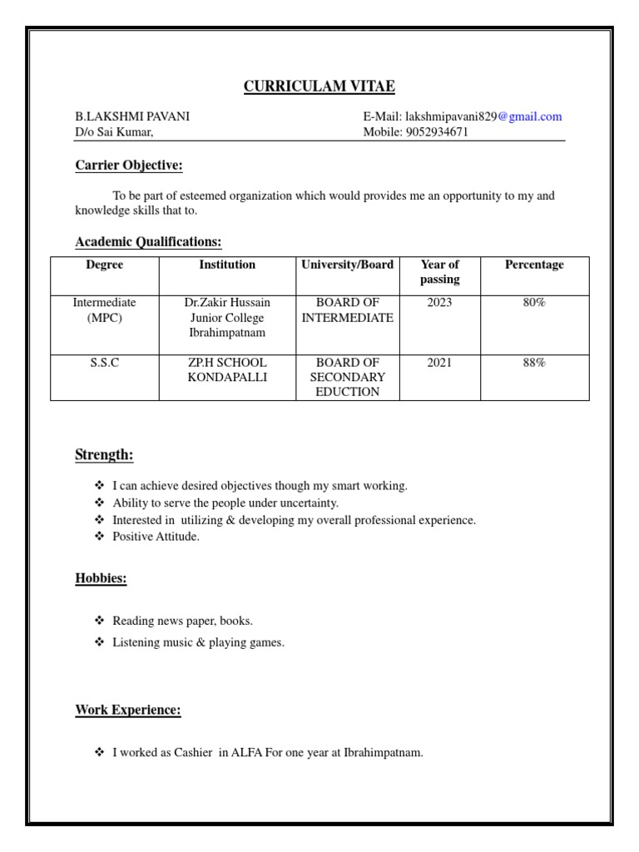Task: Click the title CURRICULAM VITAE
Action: pyautogui.click(x=319, y=87)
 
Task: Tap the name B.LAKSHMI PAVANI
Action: pyautogui.click(x=132, y=116)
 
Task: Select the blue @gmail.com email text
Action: pyautogui.click(x=530, y=116)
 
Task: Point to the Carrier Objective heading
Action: pyautogui.click(x=128, y=166)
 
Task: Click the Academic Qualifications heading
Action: pyautogui.click(x=148, y=242)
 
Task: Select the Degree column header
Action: pyautogui.click(x=105, y=265)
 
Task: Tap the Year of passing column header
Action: pyautogui.click(x=439, y=272)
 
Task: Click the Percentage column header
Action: pyautogui.click(x=534, y=265)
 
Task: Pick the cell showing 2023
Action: pyautogui.click(x=439, y=303)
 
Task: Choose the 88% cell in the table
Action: pyautogui.click(x=534, y=363)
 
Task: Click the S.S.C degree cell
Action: pyautogui.click(x=105, y=363)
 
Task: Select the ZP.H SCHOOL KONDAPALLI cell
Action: pyautogui.click(x=227, y=370)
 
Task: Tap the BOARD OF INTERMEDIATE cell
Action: pyautogui.click(x=347, y=310)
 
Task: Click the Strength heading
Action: pyautogui.click(x=104, y=455)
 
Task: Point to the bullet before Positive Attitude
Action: pyautogui.click(x=100, y=537)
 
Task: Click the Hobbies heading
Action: pyautogui.click(x=101, y=578)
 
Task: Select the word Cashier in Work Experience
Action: pyautogui.click(x=194, y=753)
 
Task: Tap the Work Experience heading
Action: pyautogui.click(x=128, y=710)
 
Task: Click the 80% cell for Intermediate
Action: pyautogui.click(x=534, y=303)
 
